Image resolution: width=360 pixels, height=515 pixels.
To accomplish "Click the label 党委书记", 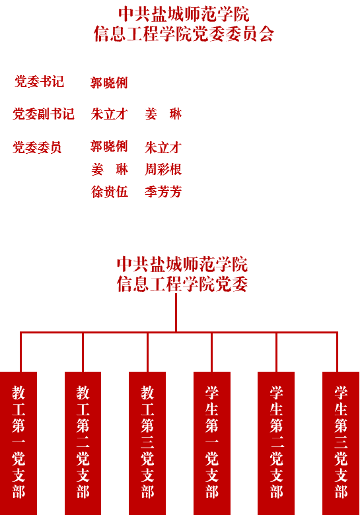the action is click(39, 82).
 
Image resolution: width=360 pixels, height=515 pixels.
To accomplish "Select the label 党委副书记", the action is click(44, 114).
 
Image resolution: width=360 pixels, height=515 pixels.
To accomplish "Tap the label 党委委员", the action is click(37, 147).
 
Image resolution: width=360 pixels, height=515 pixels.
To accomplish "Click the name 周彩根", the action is click(163, 170).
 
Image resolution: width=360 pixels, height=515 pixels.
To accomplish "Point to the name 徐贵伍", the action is click(110, 192).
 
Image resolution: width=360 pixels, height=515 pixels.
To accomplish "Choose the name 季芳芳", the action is click(163, 192).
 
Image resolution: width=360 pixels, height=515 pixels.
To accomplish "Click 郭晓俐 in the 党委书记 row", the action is click(109, 83).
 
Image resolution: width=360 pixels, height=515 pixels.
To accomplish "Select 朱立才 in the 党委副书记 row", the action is click(110, 114).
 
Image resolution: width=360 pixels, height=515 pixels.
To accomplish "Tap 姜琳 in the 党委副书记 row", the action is click(163, 114).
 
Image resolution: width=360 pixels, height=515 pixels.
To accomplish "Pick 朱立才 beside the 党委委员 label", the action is click(163, 147).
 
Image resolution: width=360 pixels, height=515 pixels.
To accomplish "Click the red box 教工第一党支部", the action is click(18, 444).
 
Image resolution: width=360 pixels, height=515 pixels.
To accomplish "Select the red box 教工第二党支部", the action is click(83, 444).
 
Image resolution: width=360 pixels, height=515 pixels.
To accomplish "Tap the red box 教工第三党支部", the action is click(147, 444).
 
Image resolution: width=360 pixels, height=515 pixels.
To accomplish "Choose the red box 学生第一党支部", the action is click(212, 444).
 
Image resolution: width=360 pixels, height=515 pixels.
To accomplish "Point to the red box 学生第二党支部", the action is click(276, 444).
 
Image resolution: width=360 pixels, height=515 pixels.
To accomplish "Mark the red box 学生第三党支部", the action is click(341, 444).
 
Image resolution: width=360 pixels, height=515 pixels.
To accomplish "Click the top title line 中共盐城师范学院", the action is click(184, 14).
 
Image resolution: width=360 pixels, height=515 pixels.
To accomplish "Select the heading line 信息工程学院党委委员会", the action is click(184, 34).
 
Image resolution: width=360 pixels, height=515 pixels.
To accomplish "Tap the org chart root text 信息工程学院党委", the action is click(182, 284).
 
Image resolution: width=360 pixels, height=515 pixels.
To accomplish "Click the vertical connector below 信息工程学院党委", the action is click(176, 312).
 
